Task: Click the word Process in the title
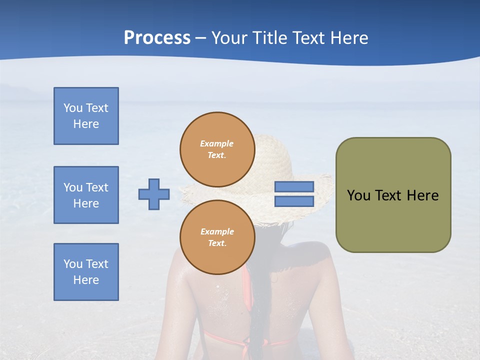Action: [x=157, y=38]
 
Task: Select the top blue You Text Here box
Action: [x=86, y=116]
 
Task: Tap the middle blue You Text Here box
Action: [x=86, y=195]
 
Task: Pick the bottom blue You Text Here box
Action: [x=86, y=272]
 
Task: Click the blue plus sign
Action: [x=154, y=194]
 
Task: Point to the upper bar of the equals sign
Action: [x=294, y=186]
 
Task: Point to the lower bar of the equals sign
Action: [x=294, y=201]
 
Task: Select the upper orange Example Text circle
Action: [x=217, y=149]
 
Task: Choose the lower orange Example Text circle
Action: [x=217, y=237]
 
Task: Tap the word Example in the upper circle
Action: [x=216, y=143]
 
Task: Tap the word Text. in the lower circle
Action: [x=217, y=243]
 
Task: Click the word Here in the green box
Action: [x=423, y=195]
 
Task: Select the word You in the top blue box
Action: [x=72, y=108]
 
